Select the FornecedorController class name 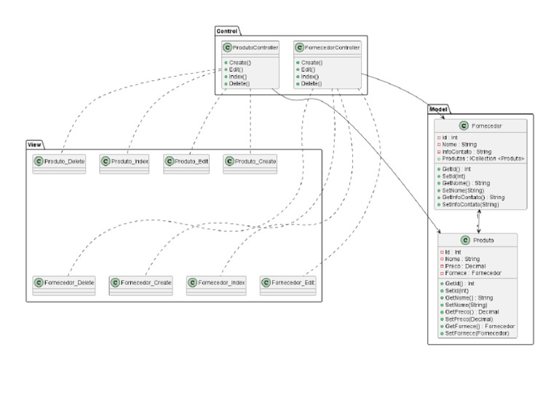(332, 48)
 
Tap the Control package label (227, 31)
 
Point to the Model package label (438, 108)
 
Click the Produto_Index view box (124, 162)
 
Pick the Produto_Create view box (250, 162)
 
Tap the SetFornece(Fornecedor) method (479, 333)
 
